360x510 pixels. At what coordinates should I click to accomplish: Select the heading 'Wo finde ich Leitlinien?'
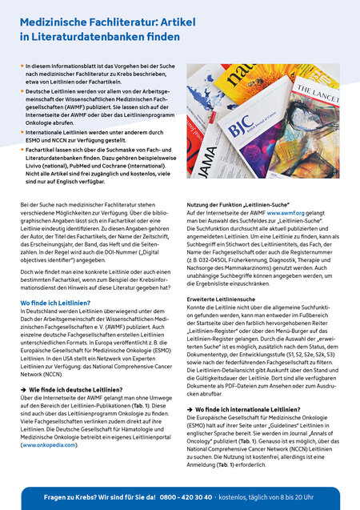pyautogui.click(x=56, y=303)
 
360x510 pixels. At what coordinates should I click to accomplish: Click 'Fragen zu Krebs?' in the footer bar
pyautogui.click(x=70, y=496)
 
